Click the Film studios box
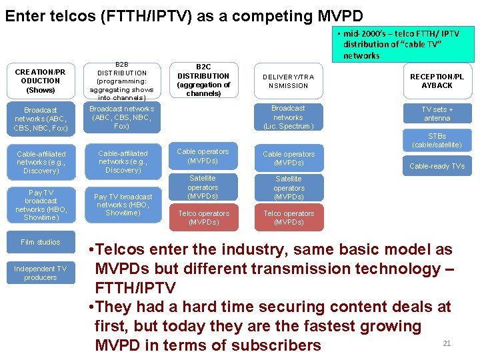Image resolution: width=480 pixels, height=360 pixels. coord(40,242)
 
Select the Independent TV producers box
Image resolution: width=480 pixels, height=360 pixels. coord(40,273)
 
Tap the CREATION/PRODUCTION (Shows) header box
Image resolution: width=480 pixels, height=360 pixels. coord(40,81)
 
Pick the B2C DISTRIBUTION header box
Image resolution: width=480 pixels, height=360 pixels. coord(203,81)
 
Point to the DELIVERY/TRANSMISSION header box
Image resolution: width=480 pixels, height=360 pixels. coord(288,81)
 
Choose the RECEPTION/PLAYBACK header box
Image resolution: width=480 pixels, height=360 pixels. coord(437,81)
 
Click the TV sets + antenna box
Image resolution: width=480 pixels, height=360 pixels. coord(437,113)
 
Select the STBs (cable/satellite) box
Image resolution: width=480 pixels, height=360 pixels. coord(437,140)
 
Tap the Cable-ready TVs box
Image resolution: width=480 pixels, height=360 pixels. coord(437,166)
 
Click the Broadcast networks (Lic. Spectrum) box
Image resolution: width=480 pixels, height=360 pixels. coord(288,117)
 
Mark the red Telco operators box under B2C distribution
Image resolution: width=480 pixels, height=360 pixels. coord(203,217)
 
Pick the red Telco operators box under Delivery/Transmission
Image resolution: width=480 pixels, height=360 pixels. coord(288,217)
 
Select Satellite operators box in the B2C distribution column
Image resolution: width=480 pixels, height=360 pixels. coord(203,187)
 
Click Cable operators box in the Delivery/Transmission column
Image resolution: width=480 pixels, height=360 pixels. coord(288,158)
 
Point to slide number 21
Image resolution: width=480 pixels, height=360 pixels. coord(447,343)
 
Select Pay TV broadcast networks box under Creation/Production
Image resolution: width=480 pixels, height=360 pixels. coord(40,205)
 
